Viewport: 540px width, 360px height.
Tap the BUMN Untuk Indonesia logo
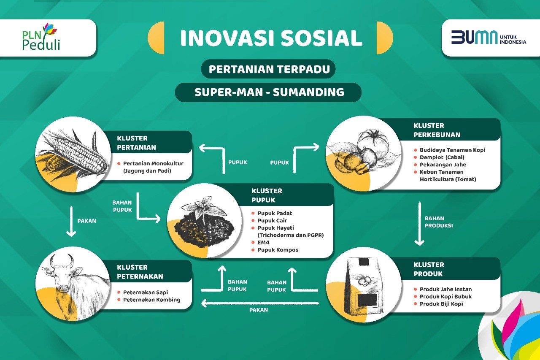(x=489, y=37)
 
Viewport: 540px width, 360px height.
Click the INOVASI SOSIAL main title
(x=271, y=38)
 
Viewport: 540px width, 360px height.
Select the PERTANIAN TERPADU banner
(x=269, y=69)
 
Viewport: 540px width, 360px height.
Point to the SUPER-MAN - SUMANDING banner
(x=268, y=92)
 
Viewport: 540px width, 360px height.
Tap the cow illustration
(x=72, y=284)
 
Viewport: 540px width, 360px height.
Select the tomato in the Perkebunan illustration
(x=373, y=143)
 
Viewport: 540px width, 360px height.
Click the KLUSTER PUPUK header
(x=267, y=195)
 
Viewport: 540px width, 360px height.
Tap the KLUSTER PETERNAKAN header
(x=140, y=272)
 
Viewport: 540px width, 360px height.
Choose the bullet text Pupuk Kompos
(x=278, y=250)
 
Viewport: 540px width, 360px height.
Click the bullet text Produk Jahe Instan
(x=445, y=289)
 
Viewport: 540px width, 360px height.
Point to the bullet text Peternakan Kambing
(x=151, y=300)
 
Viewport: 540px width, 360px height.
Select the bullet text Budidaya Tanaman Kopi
(x=452, y=150)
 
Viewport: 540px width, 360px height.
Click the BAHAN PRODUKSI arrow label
(x=438, y=222)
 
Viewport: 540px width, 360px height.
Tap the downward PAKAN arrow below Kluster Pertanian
(x=71, y=221)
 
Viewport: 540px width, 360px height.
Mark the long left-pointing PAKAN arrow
(x=260, y=303)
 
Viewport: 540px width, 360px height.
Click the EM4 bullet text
(x=263, y=242)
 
